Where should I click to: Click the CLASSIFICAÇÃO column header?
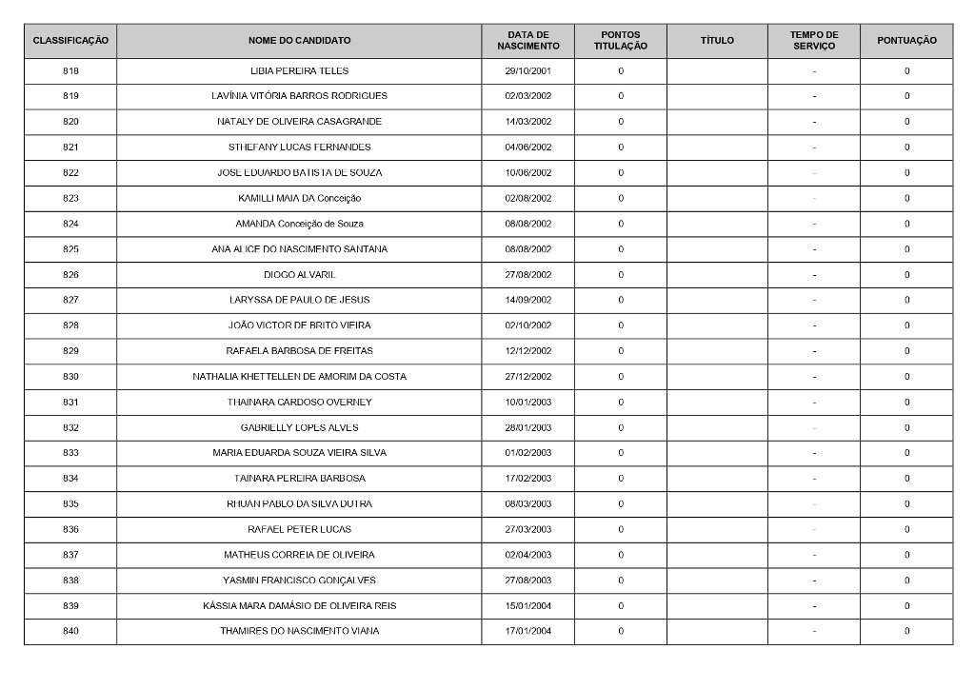click(x=70, y=41)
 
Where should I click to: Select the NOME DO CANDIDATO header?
click(x=299, y=41)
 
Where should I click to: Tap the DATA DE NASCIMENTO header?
click(x=527, y=41)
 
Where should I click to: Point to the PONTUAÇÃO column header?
click(x=906, y=41)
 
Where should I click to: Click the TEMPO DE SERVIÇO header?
click(x=814, y=41)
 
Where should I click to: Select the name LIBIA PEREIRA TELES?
click(x=299, y=71)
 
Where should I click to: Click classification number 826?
click(x=70, y=275)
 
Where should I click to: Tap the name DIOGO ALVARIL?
click(x=299, y=275)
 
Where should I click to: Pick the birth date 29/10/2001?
click(x=527, y=71)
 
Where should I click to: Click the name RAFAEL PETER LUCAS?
click(x=299, y=529)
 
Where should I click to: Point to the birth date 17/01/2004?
click(x=527, y=631)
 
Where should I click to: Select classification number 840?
click(x=70, y=631)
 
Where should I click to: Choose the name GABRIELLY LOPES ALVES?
click(x=299, y=427)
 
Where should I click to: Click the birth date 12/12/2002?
click(x=527, y=351)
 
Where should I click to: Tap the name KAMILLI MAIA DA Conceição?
click(x=299, y=198)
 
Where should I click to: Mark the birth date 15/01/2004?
click(x=527, y=605)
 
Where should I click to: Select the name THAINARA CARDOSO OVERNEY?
click(x=299, y=402)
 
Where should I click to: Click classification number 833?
click(x=70, y=453)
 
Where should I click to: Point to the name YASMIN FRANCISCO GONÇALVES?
click(x=299, y=581)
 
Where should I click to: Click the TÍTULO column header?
click(x=717, y=41)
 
